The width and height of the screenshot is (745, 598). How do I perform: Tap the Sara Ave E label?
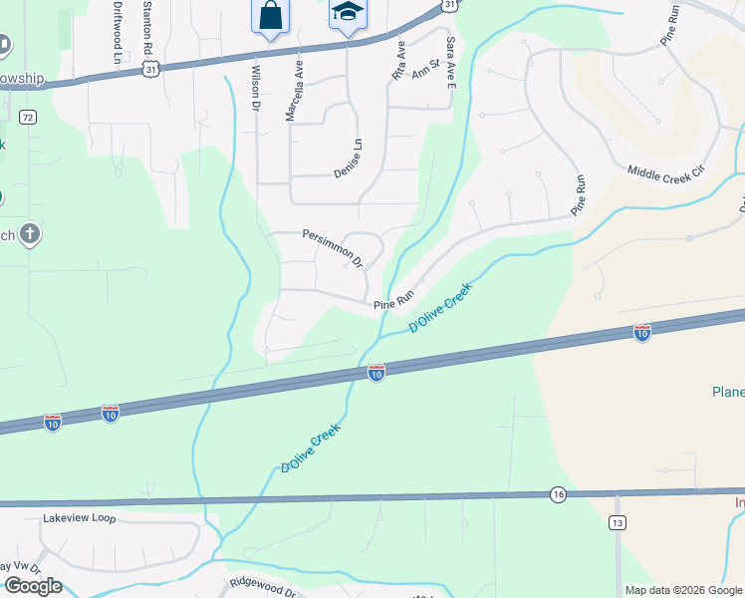(451, 62)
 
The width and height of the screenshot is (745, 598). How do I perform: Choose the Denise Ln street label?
(348, 157)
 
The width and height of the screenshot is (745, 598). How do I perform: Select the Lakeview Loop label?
(80, 518)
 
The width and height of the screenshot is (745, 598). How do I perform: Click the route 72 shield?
(27, 118)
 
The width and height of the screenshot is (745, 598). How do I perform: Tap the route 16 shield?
(558, 494)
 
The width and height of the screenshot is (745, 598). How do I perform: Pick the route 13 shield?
(618, 522)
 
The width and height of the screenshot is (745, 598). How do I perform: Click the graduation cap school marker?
(348, 14)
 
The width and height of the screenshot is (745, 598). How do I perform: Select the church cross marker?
(30, 235)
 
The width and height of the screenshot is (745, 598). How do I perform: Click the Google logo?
(33, 586)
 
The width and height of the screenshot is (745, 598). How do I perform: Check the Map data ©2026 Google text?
(682, 590)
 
